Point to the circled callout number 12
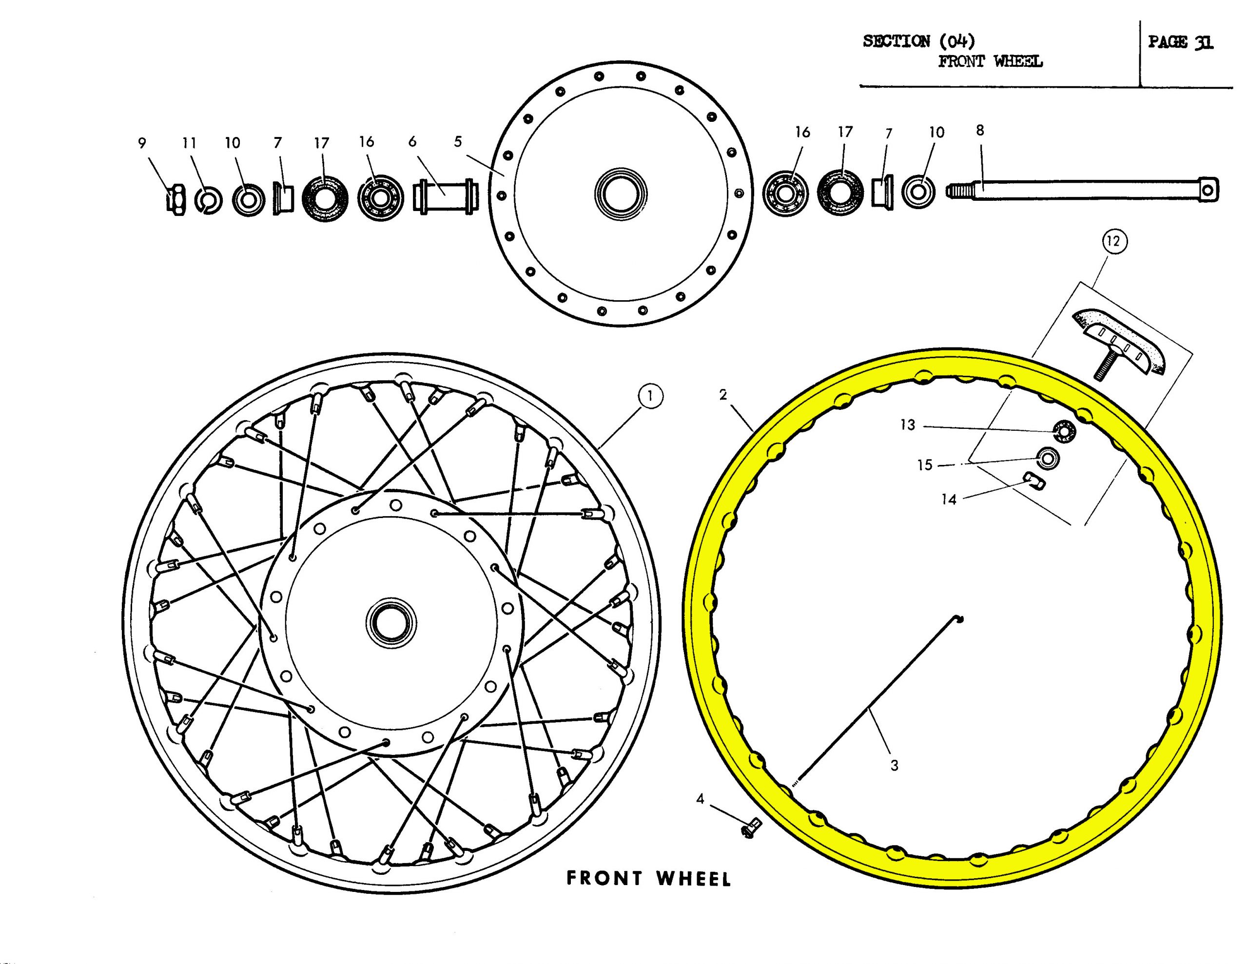pos(1113,242)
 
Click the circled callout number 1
pos(650,397)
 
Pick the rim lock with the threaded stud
pos(1120,345)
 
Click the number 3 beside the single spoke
pos(894,766)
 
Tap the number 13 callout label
pos(907,425)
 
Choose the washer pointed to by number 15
pos(1048,458)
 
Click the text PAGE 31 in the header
pos(1181,42)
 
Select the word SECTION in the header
pos(896,41)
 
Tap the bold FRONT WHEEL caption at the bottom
pos(648,878)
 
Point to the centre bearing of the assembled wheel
pos(391,622)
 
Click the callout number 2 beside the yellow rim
pos(723,395)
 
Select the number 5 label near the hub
pos(458,142)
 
